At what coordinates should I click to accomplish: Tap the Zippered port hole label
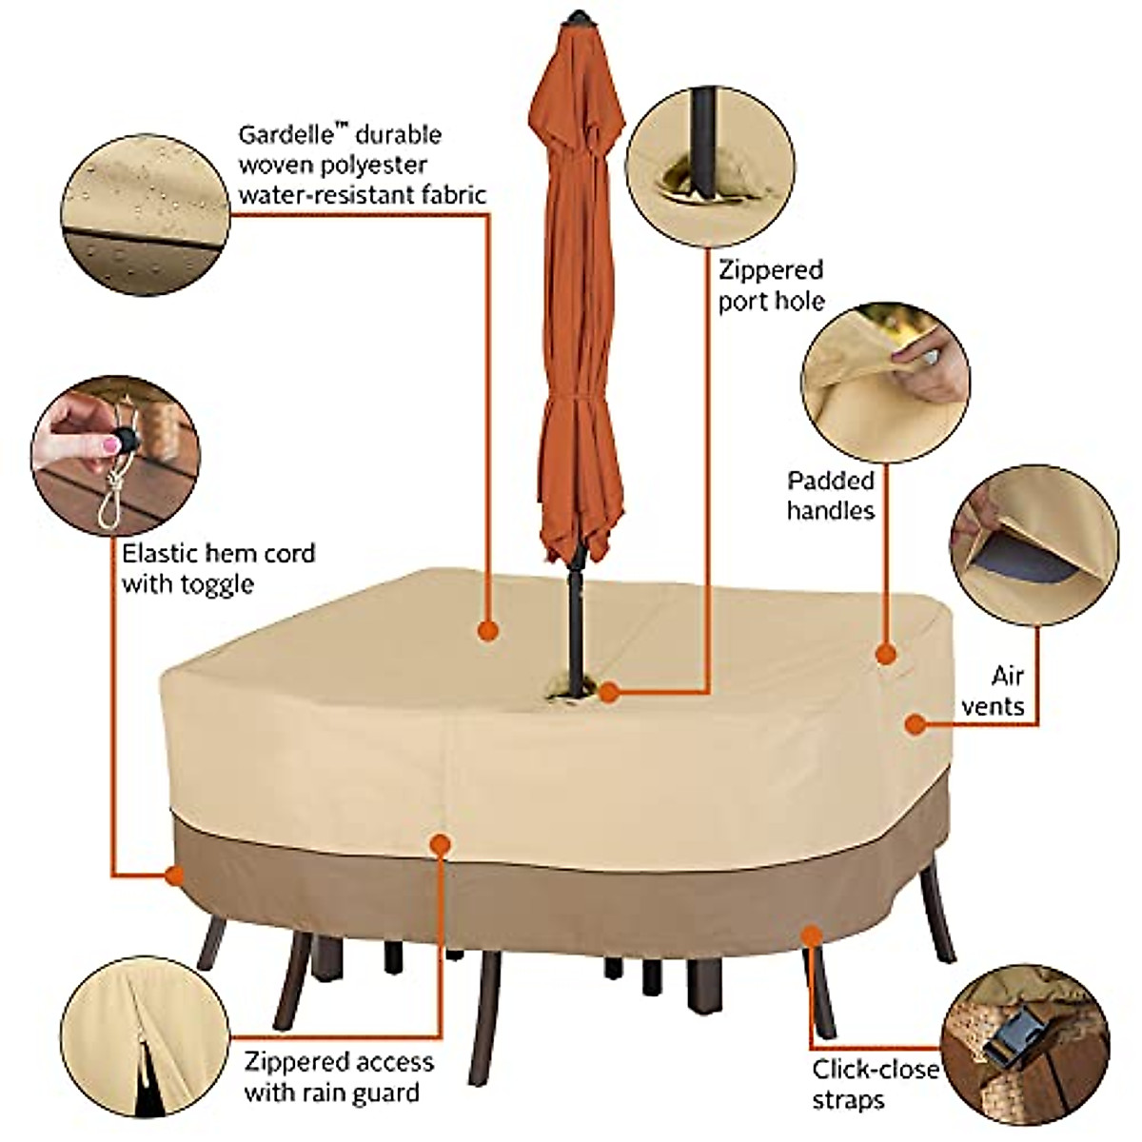(771, 285)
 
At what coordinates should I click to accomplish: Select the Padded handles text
(830, 496)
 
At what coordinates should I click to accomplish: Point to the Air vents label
(994, 691)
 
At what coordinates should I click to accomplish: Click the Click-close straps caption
(875, 1084)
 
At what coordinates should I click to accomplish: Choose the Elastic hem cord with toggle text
(218, 568)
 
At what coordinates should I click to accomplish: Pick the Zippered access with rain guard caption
(339, 1076)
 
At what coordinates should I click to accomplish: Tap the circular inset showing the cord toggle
(115, 455)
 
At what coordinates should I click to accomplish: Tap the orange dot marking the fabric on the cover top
(487, 630)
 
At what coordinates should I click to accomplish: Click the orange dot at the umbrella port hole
(609, 694)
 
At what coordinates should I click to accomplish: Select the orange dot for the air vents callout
(915, 724)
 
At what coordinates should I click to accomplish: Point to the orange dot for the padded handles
(886, 654)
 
